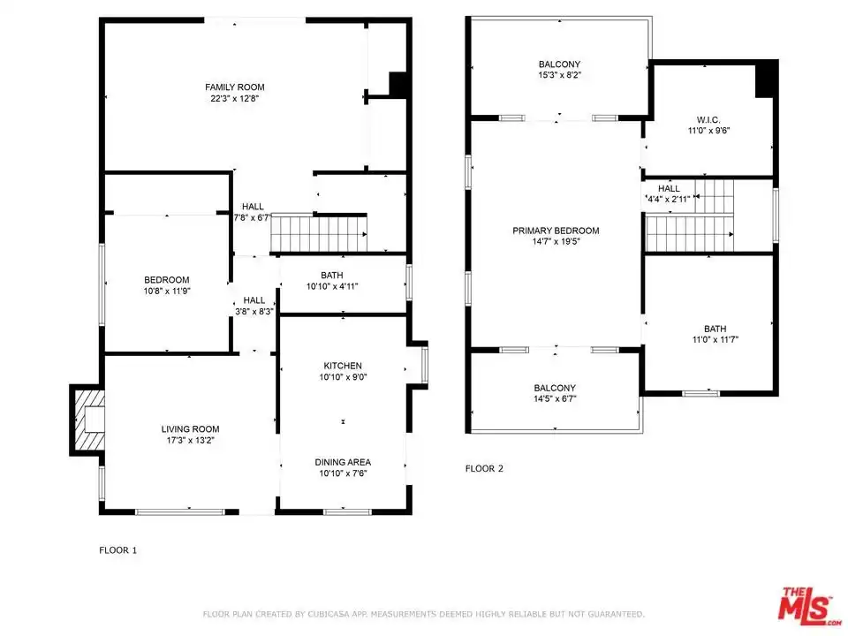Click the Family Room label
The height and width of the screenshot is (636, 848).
point(235,87)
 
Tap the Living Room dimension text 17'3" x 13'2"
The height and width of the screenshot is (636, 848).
point(191,440)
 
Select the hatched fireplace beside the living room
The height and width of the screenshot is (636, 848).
point(87,420)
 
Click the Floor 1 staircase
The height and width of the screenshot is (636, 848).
point(319,233)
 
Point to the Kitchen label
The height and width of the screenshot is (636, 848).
point(343,366)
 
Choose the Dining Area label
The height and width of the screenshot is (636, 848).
point(343,462)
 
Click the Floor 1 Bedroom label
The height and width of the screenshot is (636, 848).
point(167,280)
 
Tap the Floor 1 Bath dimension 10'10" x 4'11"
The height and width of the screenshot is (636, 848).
point(332,286)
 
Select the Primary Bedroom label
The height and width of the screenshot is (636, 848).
point(556,231)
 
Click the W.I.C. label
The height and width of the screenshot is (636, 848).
point(708,120)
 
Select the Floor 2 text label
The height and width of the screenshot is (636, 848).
point(484,469)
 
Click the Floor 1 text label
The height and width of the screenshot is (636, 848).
point(117,550)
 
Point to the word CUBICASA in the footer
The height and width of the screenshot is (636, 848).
point(329,615)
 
